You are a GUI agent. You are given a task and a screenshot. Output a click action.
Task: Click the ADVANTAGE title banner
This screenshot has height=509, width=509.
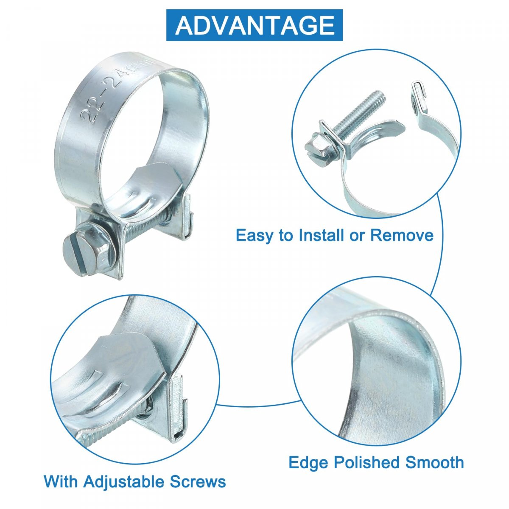pos(254,25)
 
